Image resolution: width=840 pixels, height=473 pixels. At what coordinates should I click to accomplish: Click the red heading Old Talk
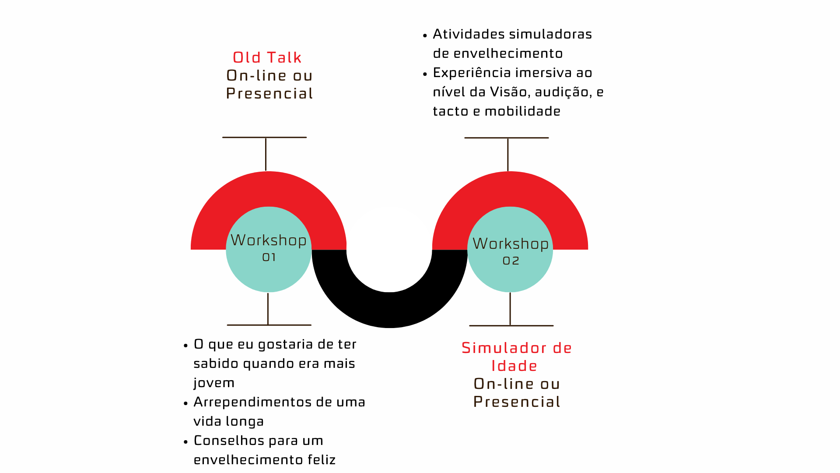pos(267,57)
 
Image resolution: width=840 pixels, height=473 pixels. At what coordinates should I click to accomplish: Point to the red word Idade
pos(514,366)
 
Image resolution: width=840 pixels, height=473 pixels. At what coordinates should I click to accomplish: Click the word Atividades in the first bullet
pos(469,34)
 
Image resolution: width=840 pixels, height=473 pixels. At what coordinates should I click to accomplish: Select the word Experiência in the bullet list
pos(469,73)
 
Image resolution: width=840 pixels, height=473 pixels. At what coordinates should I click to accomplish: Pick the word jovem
pos(214,383)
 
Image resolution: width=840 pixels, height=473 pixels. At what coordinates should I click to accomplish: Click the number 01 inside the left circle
pos(269,258)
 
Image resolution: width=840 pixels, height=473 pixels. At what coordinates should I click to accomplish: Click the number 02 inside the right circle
pos(511,261)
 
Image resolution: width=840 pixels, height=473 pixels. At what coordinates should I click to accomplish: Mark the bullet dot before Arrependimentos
pos(186,403)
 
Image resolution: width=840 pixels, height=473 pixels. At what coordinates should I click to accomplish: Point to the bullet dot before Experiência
pos(425,74)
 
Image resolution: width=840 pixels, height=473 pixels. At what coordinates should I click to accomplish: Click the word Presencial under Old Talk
pos(269,93)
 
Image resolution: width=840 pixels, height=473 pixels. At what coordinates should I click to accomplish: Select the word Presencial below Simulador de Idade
pos(517,402)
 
